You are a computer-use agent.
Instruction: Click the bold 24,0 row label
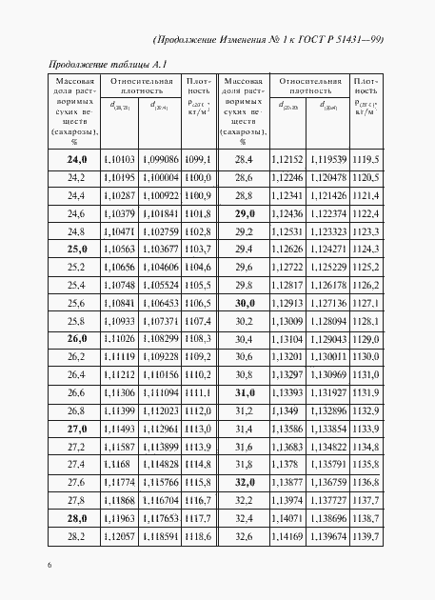tap(77, 159)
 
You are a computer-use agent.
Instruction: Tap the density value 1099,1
tap(197, 159)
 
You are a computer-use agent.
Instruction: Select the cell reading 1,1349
tap(286, 410)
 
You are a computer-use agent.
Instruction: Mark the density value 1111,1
tap(197, 392)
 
